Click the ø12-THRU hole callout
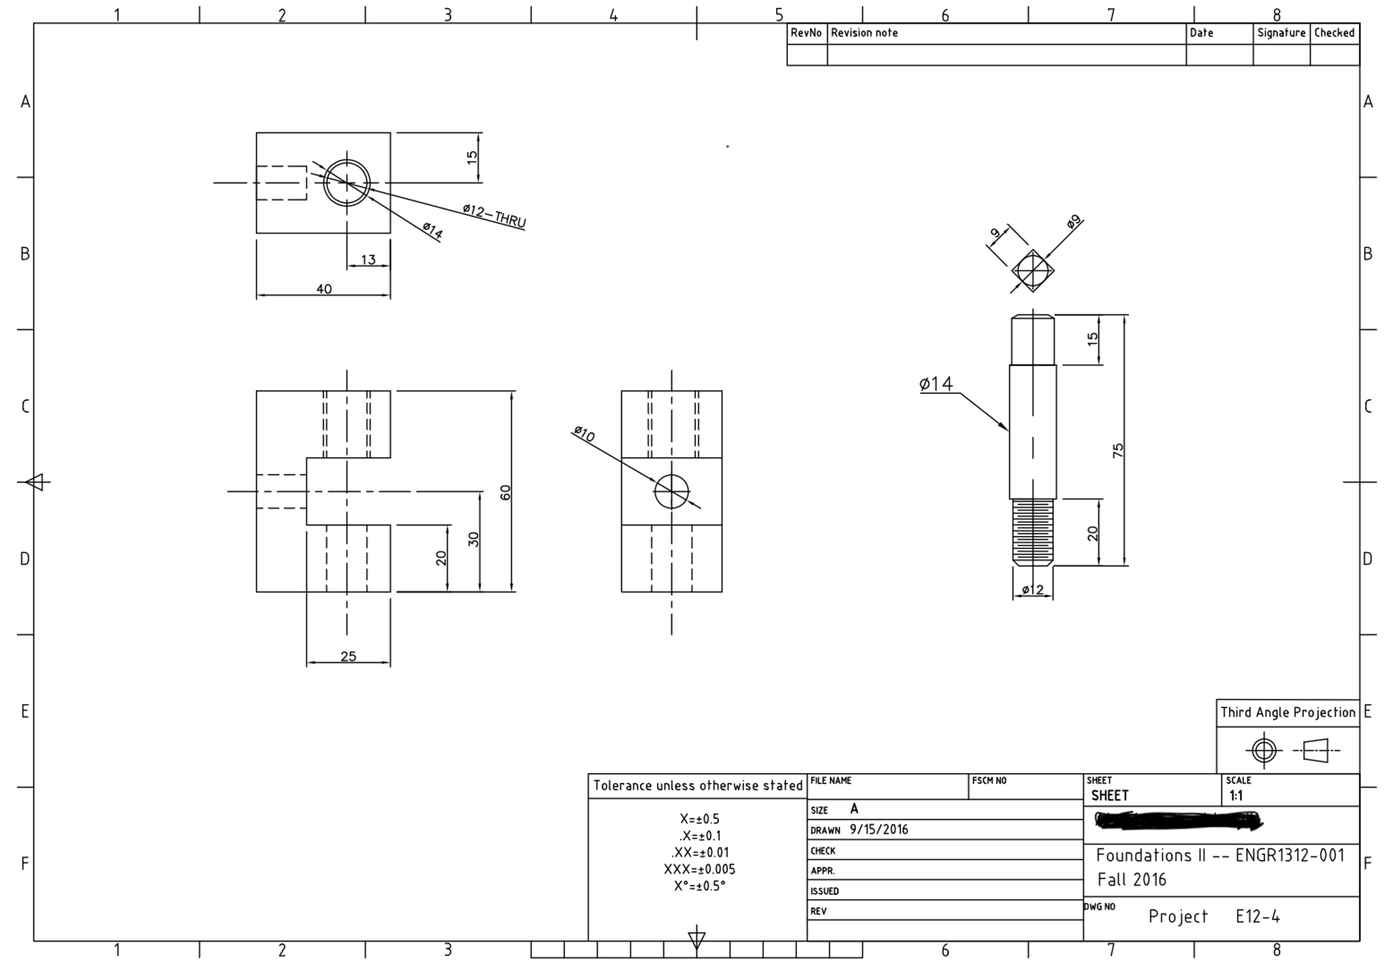[494, 216]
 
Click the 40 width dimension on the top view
[324, 289]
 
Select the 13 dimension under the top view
[368, 260]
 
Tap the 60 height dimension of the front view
[505, 492]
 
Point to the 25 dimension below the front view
[348, 657]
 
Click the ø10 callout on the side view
[584, 434]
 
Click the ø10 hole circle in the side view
[671, 491]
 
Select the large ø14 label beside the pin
[936, 385]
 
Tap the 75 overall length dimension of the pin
[1118, 450]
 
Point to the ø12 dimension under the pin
[1032, 590]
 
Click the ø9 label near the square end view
[1073, 222]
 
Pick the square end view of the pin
[1033, 271]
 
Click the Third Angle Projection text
[1287, 713]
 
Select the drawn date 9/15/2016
[878, 830]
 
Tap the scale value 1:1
[1236, 796]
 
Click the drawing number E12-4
[1258, 917]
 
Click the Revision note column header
[864, 33]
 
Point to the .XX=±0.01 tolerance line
[699, 853]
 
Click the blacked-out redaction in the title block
[1178, 821]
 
